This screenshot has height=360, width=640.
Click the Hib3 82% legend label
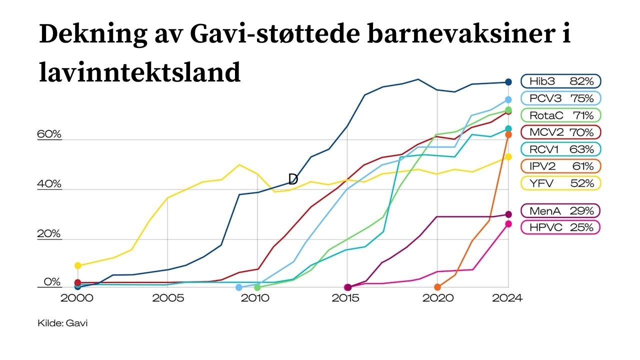click(560, 81)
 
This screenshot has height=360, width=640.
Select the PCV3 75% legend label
click(560, 98)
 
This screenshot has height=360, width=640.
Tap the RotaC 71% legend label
click(560, 115)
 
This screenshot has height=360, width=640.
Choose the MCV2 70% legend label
click(560, 132)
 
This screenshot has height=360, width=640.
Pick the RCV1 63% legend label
click(560, 149)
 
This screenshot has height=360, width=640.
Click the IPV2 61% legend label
click(560, 166)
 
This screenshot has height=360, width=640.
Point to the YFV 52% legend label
click(560, 183)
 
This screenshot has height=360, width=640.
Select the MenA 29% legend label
click(560, 210)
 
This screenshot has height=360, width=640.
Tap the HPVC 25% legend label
click(560, 227)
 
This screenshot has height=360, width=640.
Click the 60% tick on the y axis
click(49, 134)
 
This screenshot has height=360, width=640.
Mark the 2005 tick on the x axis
click(167, 298)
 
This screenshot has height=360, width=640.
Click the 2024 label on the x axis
click(507, 298)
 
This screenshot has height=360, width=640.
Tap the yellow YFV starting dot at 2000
click(77, 265)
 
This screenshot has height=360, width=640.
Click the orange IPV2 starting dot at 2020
click(437, 287)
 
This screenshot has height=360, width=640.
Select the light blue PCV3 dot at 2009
click(239, 287)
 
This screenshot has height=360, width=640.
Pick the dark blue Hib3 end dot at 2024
click(508, 82)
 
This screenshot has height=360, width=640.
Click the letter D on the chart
click(293, 179)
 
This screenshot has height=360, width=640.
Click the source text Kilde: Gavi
click(62, 323)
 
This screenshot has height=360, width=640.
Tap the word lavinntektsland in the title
click(140, 73)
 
